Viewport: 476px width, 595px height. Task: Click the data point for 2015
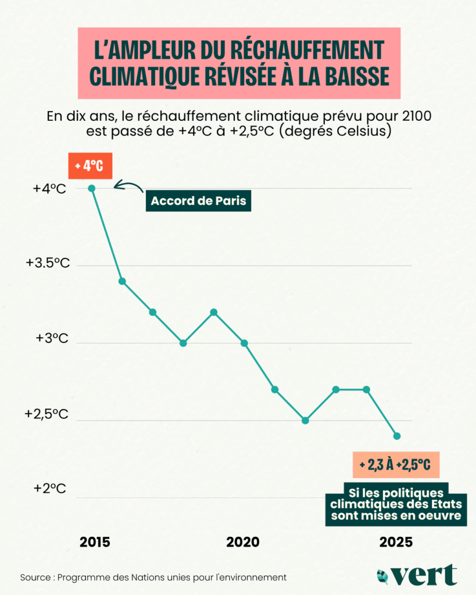(x=91, y=188)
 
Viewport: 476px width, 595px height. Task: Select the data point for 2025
(x=397, y=436)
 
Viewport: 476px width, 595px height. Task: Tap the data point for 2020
(x=244, y=343)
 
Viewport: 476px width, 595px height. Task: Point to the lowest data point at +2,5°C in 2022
(x=305, y=420)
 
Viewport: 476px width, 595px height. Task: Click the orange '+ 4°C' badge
(x=90, y=166)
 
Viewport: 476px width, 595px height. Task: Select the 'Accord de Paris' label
(x=198, y=202)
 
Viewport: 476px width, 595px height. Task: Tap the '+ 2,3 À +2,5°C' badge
(x=395, y=465)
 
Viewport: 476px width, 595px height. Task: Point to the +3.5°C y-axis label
(x=48, y=263)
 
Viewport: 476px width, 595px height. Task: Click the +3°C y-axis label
(x=52, y=338)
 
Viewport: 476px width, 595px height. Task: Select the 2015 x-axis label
(x=95, y=542)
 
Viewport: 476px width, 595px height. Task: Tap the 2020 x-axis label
(x=243, y=542)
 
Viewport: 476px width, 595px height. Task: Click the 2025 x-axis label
(x=396, y=542)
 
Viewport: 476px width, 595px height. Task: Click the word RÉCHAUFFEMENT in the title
(x=306, y=50)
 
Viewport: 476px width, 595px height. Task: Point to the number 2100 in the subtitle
(x=413, y=116)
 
